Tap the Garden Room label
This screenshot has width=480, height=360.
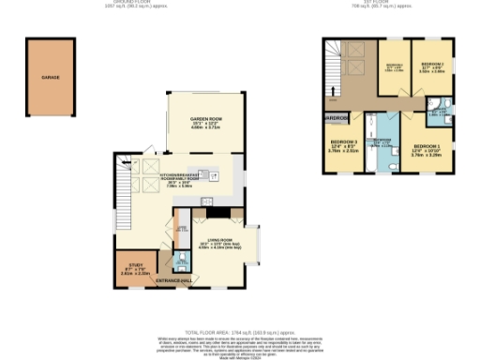click(204, 119)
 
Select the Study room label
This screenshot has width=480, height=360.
click(135, 264)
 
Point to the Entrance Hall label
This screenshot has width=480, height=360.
click(174, 281)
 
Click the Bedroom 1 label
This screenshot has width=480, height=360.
click(427, 147)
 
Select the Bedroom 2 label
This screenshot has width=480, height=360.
click(432, 64)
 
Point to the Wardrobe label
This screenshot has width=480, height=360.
click(337, 118)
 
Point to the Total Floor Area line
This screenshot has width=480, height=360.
click(239, 332)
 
